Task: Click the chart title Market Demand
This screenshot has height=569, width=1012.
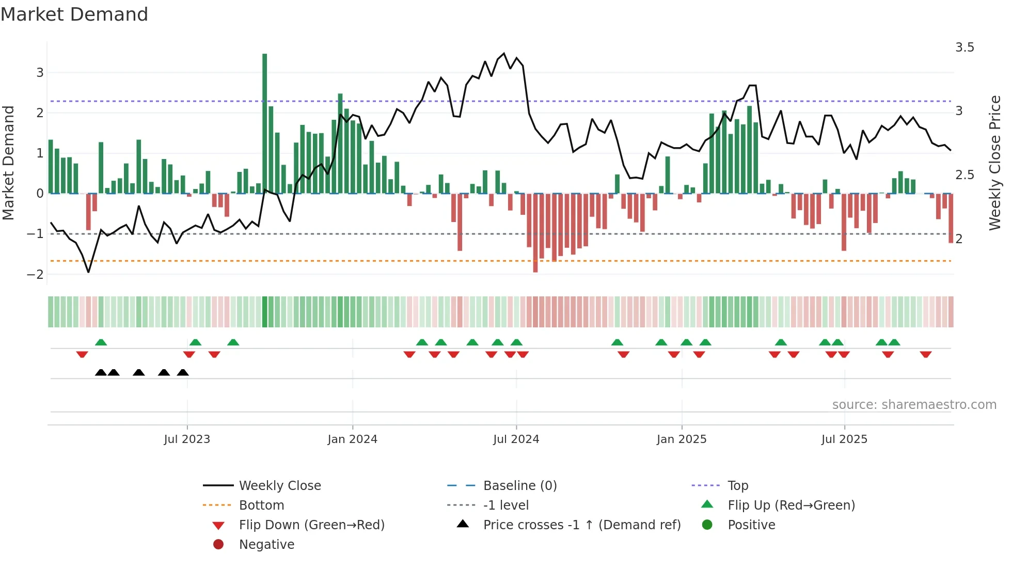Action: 74,14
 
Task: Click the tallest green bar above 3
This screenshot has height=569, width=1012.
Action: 265,124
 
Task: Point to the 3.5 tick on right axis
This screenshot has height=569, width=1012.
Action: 964,48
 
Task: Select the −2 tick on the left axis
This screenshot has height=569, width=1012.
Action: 35,275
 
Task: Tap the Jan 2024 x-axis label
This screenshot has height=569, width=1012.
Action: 352,439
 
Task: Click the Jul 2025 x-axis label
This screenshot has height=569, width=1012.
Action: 844,439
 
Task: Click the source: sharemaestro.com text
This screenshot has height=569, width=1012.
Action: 914,405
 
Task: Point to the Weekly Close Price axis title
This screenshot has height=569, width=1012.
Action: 995,163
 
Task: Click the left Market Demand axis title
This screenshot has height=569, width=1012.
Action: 8,163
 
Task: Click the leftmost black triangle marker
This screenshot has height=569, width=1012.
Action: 101,373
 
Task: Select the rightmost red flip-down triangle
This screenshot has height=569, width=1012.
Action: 925,354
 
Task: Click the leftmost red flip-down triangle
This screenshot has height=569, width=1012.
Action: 82,354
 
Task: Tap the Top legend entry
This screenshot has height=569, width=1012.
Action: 738,486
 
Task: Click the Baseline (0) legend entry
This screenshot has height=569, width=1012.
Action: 519,486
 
